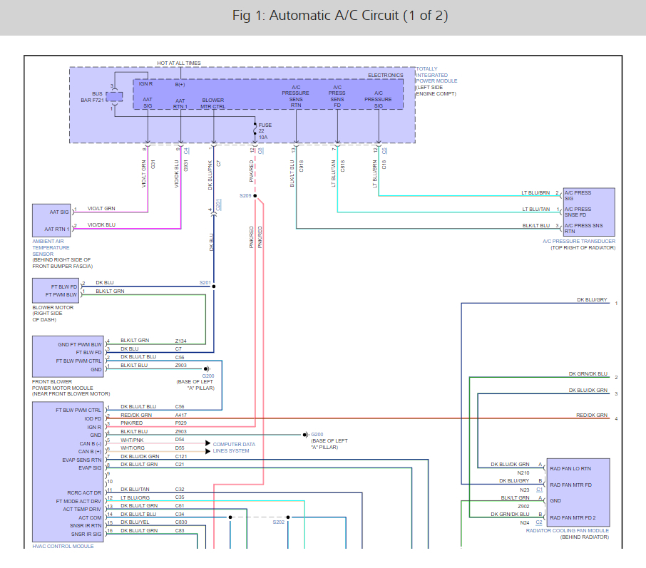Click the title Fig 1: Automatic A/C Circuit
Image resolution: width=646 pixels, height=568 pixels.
[340, 16]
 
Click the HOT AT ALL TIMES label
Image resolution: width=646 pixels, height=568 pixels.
[179, 63]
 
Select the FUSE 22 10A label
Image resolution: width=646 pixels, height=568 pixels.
[265, 131]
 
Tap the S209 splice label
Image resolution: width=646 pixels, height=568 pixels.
[245, 195]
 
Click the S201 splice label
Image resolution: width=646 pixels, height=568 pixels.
[205, 283]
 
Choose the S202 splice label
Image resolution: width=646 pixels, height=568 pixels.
[278, 522]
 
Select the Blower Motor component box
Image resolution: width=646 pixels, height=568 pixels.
[56, 290]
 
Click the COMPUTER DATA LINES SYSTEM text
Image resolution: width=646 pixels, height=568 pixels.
[234, 448]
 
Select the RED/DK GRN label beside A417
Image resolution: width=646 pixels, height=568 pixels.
[135, 415]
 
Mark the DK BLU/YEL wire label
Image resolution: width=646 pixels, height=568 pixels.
[135, 522]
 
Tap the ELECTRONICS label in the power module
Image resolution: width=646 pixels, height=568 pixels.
[385, 75]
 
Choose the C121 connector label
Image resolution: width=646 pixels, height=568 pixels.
[180, 456]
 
